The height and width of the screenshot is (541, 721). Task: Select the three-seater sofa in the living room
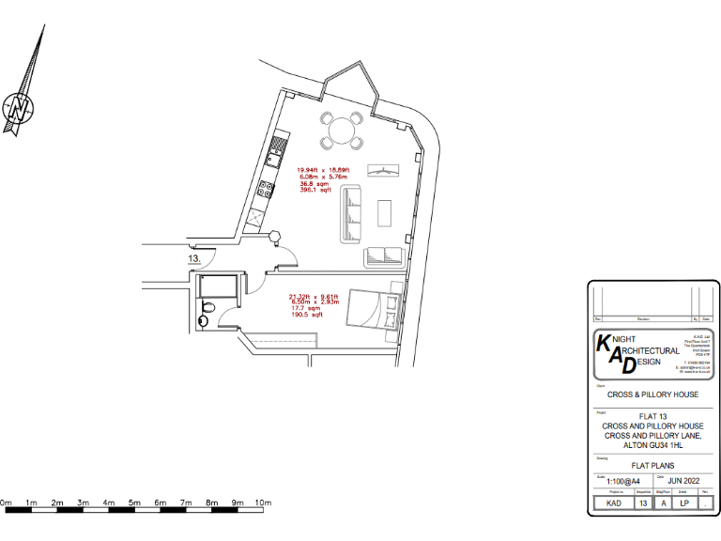tap(351, 214)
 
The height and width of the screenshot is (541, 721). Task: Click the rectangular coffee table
tap(385, 213)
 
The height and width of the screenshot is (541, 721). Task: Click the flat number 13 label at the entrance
tap(194, 256)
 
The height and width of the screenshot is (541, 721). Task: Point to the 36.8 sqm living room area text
tap(314, 184)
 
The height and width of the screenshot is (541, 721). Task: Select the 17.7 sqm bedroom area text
tap(304, 308)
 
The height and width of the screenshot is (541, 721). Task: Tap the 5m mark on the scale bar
tap(134, 503)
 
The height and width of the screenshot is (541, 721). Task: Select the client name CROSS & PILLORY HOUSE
tap(652, 394)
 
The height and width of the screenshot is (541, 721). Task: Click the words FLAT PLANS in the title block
tap(652, 466)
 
